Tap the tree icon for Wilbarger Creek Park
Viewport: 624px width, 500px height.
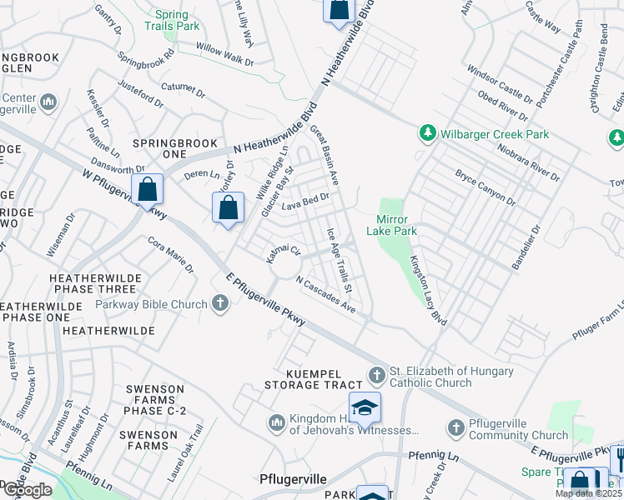click(x=427, y=133)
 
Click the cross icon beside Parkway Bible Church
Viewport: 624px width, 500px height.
click(x=220, y=303)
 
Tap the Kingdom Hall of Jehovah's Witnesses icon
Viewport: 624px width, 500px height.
click(x=276, y=423)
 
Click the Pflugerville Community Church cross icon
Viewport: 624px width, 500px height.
click(x=455, y=428)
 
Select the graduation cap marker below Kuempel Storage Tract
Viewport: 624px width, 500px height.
click(x=365, y=408)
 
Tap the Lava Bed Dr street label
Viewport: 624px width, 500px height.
click(x=306, y=201)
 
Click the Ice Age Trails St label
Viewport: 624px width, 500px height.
click(x=340, y=260)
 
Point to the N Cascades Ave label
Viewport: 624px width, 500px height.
click(x=325, y=296)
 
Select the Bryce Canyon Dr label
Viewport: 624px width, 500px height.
click(x=488, y=189)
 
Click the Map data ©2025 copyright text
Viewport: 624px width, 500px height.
click(x=588, y=493)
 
